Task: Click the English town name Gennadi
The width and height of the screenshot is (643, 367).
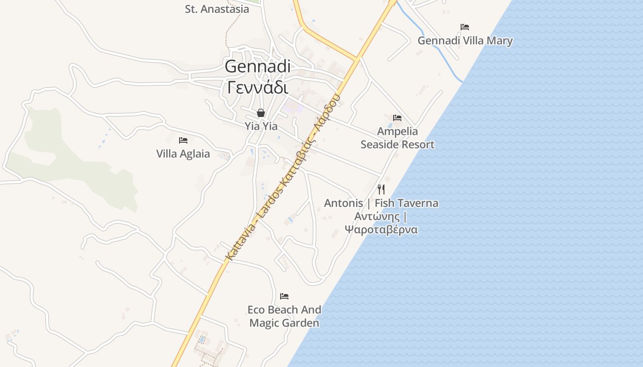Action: click(x=258, y=67)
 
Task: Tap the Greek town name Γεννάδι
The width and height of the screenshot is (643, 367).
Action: click(x=258, y=87)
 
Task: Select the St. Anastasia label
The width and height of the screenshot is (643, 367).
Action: click(x=217, y=9)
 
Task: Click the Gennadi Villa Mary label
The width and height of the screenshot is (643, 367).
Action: click(x=465, y=41)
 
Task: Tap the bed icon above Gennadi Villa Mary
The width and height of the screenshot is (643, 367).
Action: click(x=465, y=27)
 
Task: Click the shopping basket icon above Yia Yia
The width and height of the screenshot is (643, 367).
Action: click(x=261, y=113)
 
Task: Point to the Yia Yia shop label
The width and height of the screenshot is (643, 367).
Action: click(x=261, y=126)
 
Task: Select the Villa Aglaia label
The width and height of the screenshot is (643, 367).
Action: click(x=183, y=154)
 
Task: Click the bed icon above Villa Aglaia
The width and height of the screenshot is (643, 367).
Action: click(x=183, y=140)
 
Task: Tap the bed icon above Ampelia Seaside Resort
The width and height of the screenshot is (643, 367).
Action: click(x=397, y=118)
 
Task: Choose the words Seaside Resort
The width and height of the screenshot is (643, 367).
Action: click(x=397, y=145)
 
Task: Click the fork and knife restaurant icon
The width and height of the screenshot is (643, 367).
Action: click(x=381, y=189)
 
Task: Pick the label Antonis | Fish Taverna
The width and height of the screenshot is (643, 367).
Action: click(x=381, y=203)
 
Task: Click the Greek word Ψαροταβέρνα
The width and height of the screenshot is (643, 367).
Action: click(x=381, y=229)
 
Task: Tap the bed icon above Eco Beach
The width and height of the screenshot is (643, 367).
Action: click(x=284, y=296)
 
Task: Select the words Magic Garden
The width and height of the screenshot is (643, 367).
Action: click(x=284, y=323)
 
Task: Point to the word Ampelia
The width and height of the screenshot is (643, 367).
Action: click(x=397, y=132)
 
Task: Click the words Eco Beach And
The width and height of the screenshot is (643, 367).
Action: click(x=284, y=310)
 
